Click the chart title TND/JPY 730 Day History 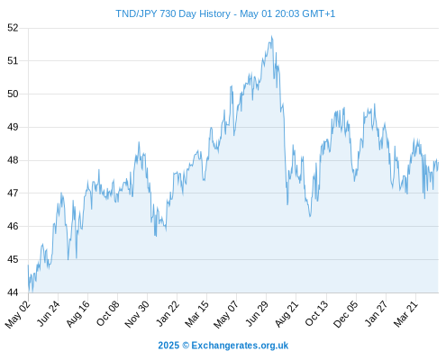click(173, 13)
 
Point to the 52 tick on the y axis click(13, 28)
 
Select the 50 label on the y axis click(13, 94)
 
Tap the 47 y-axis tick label click(13, 193)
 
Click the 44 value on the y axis click(13, 292)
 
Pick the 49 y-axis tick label click(13, 127)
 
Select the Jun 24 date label click(48, 313)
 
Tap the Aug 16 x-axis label click(77, 313)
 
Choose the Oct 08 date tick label click(107, 313)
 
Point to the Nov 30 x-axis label click(137, 314)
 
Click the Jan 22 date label click(168, 313)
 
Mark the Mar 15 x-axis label click(196, 313)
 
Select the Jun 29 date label click(256, 313)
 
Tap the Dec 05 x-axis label click(345, 314)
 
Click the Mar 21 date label click(405, 313)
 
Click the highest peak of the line click(272, 36)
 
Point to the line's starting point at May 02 click(28, 265)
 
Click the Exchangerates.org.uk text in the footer click(240, 346)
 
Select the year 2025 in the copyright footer click(168, 346)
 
